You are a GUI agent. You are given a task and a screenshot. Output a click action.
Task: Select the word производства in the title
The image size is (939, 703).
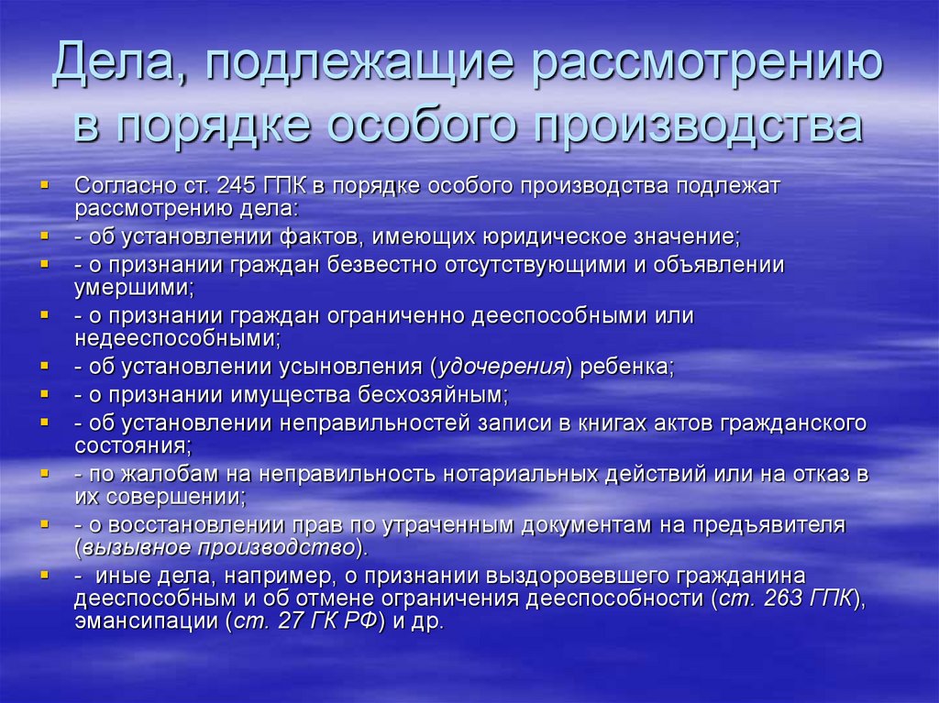(698, 126)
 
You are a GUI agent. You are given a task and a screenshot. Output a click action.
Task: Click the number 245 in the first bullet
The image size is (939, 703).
(237, 186)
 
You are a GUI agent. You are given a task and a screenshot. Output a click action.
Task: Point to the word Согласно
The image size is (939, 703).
(124, 186)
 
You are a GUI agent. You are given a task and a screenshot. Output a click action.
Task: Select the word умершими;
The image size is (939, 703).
(135, 288)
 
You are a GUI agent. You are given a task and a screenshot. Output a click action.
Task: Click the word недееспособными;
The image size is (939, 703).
(178, 338)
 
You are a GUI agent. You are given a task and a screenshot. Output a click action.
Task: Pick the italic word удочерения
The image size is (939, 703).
(502, 367)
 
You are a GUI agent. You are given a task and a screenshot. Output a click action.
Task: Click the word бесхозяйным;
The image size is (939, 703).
(433, 395)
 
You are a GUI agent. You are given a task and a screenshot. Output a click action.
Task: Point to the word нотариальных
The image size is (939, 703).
(520, 474)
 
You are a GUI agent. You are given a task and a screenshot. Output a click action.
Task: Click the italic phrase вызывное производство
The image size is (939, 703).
(218, 548)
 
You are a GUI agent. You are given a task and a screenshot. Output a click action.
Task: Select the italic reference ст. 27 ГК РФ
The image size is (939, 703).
(305, 621)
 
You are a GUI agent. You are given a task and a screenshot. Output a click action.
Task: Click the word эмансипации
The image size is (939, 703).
(148, 621)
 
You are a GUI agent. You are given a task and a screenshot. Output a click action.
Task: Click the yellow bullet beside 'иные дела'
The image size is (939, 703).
(44, 575)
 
